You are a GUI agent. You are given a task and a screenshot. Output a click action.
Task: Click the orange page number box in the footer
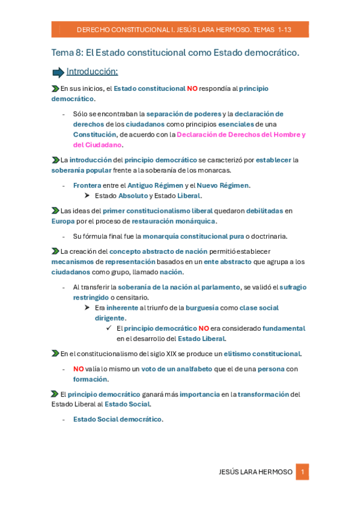[302, 472]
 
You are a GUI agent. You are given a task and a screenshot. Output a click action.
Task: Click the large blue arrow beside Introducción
[58, 73]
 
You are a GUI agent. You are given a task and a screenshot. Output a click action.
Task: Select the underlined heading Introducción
[92, 72]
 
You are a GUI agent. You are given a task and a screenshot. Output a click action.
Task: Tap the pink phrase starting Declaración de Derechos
[240, 135]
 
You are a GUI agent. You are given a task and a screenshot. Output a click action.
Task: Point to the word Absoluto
[133, 195]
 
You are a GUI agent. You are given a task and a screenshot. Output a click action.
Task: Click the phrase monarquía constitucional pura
[193, 236]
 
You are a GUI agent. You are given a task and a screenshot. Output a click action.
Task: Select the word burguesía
[202, 307]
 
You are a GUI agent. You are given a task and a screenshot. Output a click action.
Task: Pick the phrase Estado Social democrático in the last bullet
[117, 419]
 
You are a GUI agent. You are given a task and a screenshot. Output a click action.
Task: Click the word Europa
[63, 221]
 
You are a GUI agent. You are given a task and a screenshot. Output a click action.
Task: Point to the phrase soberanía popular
[81, 170]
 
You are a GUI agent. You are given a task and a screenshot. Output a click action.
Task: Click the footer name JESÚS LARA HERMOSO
[256, 472]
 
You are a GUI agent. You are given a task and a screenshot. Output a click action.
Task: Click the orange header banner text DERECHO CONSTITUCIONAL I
[123, 29]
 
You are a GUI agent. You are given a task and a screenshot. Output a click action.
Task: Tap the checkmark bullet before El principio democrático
[109, 328]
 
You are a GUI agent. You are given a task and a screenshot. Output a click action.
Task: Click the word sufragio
[293, 287]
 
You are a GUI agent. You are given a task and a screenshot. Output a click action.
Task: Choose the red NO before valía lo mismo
[78, 369]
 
